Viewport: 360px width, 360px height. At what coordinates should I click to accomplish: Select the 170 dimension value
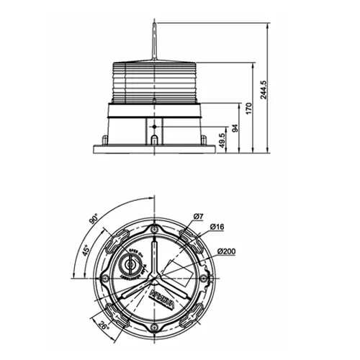248,110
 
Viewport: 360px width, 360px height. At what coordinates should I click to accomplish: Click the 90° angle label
94,221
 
